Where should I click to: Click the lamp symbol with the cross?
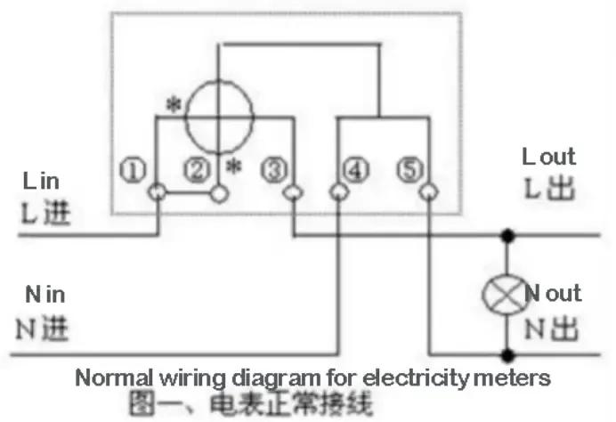coord(507,295)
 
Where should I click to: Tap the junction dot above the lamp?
coord(507,236)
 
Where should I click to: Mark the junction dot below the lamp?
coord(507,354)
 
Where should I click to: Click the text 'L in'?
coord(41,182)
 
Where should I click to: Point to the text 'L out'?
coord(548,158)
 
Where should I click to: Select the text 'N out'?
coord(553,293)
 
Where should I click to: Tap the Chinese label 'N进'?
coord(43,329)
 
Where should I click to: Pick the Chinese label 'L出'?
coord(548,190)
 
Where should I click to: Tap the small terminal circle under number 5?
coord(428,191)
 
